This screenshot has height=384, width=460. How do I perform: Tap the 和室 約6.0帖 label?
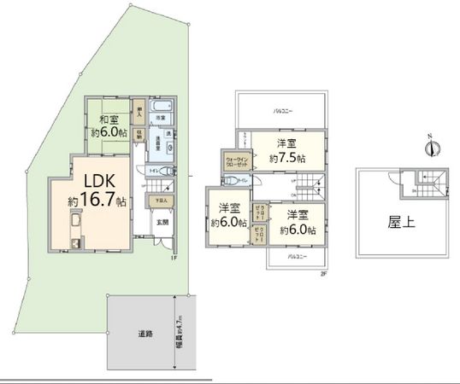click(x=109, y=125)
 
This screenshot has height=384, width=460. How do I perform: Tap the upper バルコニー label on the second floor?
click(x=285, y=112)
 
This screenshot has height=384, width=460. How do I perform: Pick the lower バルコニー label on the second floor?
click(x=296, y=256)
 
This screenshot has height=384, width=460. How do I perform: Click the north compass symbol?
click(x=434, y=147)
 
